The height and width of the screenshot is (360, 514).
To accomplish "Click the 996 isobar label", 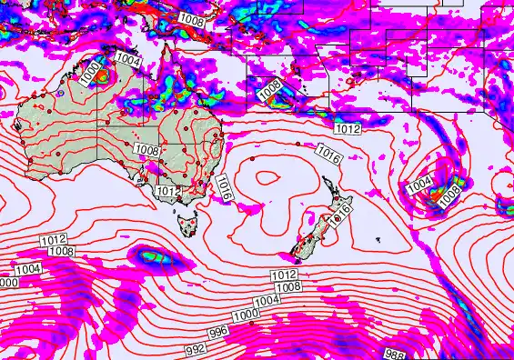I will click(218, 334).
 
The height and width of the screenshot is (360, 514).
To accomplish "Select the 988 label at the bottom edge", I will click(394, 354).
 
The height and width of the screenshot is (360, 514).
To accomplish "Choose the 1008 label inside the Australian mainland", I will click(146, 148).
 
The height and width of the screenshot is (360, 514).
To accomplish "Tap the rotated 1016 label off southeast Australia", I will click(224, 189).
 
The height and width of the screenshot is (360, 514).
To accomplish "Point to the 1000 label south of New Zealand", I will click(244, 315).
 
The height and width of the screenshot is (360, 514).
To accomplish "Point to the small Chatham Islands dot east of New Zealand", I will click(378, 240).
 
